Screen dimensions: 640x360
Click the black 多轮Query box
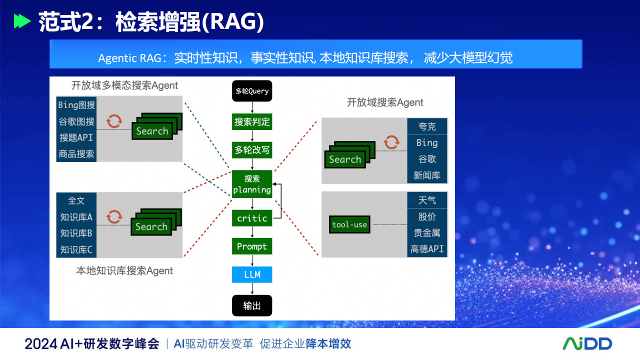click(251, 91)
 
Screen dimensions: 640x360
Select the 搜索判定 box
click(251, 122)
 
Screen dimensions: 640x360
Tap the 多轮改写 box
click(251, 150)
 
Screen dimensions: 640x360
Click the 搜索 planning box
click(251, 184)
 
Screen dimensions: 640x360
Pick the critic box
click(251, 218)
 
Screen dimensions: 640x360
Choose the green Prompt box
click(251, 246)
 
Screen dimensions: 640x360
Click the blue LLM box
click(251, 274)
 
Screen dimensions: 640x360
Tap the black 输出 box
click(251, 305)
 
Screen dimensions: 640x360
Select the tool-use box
click(349, 224)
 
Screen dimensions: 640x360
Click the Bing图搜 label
click(76, 105)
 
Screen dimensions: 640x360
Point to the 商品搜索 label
click(76, 154)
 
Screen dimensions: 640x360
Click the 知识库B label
click(76, 233)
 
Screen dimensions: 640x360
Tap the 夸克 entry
click(427, 126)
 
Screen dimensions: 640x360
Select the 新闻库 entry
click(427, 175)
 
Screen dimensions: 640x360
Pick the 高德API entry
click(427, 249)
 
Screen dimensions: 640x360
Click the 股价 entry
click(427, 217)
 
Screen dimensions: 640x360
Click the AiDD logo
click(587, 343)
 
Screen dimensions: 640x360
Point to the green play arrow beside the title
click(22, 21)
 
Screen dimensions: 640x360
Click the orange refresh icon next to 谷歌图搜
click(114, 121)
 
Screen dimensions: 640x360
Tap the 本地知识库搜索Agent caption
click(124, 270)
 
